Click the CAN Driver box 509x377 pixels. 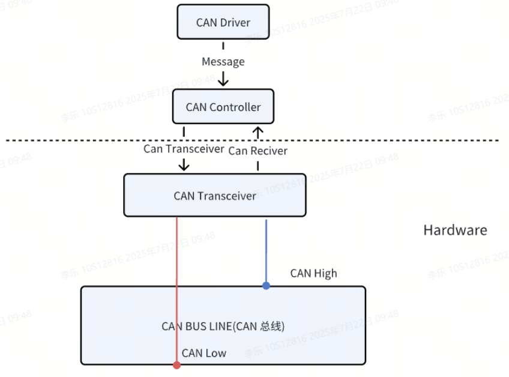[x=223, y=22]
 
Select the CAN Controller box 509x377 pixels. [x=223, y=107]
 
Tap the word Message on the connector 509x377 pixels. [x=223, y=62]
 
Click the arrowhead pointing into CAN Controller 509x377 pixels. [x=223, y=80]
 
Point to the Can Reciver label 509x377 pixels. [x=258, y=151]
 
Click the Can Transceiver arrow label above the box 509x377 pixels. [x=184, y=149]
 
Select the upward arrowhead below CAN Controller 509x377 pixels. [x=258, y=130]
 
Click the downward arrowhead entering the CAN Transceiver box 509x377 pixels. [x=184, y=166]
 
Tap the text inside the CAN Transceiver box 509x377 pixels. [x=214, y=196]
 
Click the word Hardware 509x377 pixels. [x=455, y=230]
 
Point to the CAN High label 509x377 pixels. [x=313, y=274]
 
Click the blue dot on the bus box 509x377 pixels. [x=266, y=286]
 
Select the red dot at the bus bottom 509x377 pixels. [x=176, y=364]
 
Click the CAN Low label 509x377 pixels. [x=203, y=353]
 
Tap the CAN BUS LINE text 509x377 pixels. [x=198, y=327]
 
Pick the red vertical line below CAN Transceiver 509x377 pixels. [x=177, y=252]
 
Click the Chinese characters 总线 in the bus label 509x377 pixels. [x=270, y=327]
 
